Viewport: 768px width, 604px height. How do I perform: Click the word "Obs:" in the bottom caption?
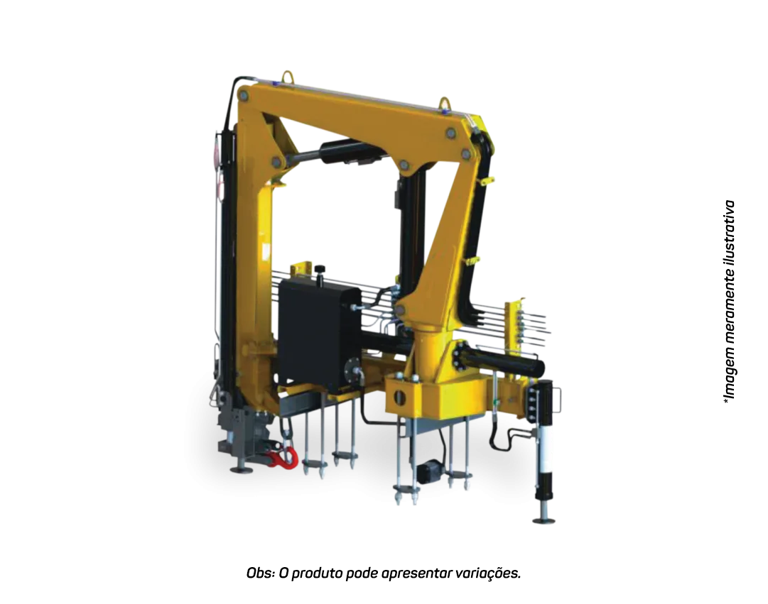tap(261, 573)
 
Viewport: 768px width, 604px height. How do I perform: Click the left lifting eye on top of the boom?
tap(286, 77)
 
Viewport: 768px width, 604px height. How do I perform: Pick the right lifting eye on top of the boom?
tap(445, 104)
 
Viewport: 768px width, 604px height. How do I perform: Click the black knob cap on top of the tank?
tap(320, 269)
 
